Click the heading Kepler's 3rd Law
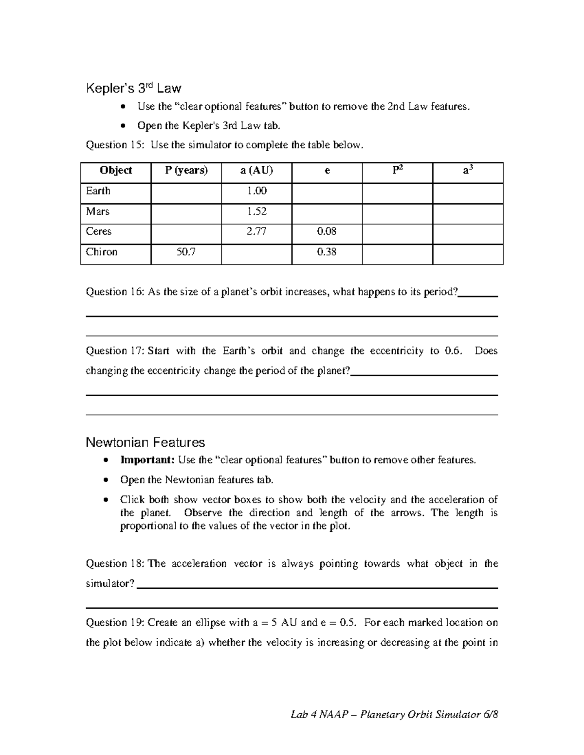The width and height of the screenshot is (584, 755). coord(133,88)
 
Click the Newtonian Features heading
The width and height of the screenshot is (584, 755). coord(145,442)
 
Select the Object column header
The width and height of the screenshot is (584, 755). coord(116,171)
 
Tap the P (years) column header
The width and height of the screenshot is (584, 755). coord(186,171)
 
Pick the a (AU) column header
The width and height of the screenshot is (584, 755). coord(256,171)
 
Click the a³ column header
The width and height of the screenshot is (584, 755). coord(468,171)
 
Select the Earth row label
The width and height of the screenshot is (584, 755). coord(98,191)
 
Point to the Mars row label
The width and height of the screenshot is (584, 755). coord(98,211)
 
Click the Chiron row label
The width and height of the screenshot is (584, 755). coord(102,252)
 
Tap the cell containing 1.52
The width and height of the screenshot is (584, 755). coord(256,211)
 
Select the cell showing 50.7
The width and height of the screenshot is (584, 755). coord(186,252)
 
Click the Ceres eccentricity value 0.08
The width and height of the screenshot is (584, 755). coord(327,231)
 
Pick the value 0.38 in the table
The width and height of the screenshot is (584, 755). coord(327,252)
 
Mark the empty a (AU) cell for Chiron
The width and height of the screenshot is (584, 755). coord(256,254)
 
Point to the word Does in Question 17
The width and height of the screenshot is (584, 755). coord(486,351)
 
